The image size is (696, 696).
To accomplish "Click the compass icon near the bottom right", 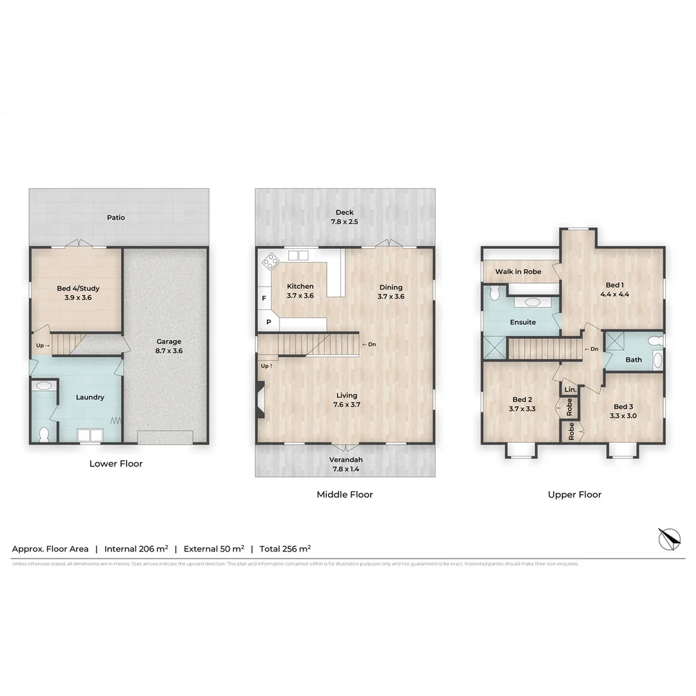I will (x=668, y=537).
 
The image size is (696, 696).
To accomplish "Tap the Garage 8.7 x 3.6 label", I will (x=169, y=346).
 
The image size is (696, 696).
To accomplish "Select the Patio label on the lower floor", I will (x=116, y=217).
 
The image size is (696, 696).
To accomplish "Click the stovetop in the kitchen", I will (x=269, y=260).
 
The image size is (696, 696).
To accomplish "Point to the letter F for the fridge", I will (x=263, y=298).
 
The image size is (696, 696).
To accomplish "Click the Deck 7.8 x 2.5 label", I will (x=345, y=217).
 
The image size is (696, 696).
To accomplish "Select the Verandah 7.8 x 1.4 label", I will (x=345, y=464).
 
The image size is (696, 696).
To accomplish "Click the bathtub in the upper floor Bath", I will (x=657, y=360).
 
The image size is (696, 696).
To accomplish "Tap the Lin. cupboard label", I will (x=570, y=390).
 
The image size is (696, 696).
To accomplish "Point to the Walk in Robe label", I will (x=517, y=271).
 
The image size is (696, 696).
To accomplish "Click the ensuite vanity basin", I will (x=532, y=302).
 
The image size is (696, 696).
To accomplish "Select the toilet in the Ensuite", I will (x=494, y=294).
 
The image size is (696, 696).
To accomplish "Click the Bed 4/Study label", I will (x=77, y=293).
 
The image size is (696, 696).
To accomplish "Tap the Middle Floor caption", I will (x=345, y=494).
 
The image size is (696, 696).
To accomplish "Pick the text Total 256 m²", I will (x=285, y=549).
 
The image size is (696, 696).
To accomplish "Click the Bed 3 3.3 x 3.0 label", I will (x=623, y=411).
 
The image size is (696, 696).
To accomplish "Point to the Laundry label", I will (x=90, y=397).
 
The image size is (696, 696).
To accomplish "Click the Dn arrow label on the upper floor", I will (x=591, y=349).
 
